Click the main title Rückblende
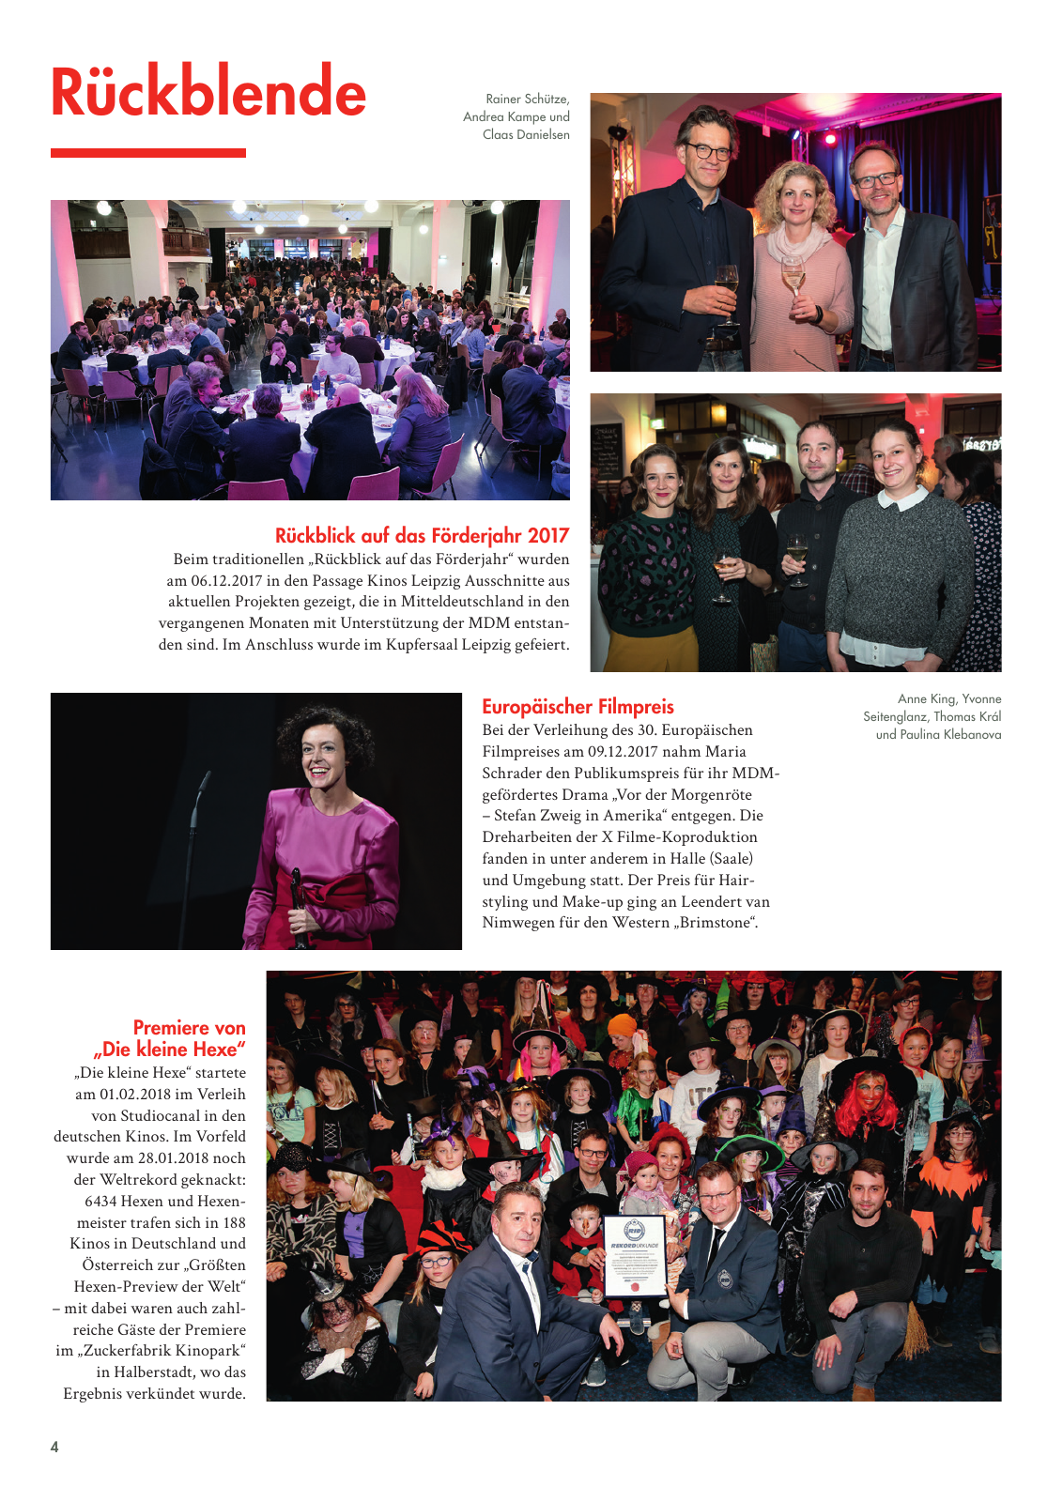pyautogui.click(x=208, y=92)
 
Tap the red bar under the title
pyautogui.click(x=148, y=153)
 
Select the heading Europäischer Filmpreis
pyautogui.click(x=578, y=707)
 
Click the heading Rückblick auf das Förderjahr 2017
pyautogui.click(x=422, y=536)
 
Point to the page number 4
pyautogui.click(x=54, y=1447)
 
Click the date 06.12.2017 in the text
pyautogui.click(x=226, y=580)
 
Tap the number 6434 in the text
pyautogui.click(x=100, y=1202)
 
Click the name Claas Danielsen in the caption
pyautogui.click(x=526, y=134)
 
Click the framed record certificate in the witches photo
pyautogui.click(x=634, y=1256)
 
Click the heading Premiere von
pyautogui.click(x=189, y=1028)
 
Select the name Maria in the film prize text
pyautogui.click(x=726, y=751)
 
